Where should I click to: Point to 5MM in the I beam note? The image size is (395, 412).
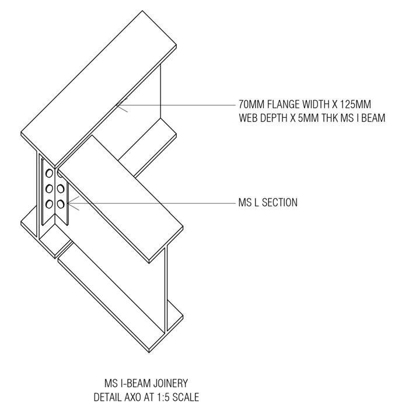tap(310, 117)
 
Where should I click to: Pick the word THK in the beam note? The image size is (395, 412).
tap(333, 117)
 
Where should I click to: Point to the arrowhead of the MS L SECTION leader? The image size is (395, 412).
tap(68, 203)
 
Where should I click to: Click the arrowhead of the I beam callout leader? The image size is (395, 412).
tap(117, 105)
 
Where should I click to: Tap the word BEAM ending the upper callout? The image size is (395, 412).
tap(374, 117)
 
